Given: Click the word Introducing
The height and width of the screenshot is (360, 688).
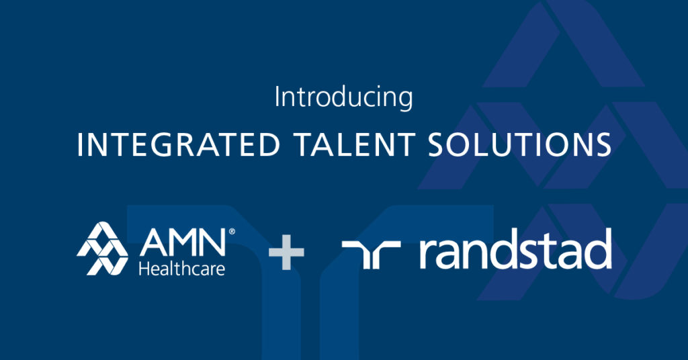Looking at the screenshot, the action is [x=343, y=98].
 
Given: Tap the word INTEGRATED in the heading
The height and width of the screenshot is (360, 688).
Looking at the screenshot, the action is [x=179, y=144].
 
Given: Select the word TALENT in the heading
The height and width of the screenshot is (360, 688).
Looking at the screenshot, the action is [x=355, y=144].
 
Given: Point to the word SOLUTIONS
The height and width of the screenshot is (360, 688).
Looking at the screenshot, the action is [x=520, y=144].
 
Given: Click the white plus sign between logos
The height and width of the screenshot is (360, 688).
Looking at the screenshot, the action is [x=286, y=252].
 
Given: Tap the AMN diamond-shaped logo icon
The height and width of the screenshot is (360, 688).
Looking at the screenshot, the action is [x=102, y=249].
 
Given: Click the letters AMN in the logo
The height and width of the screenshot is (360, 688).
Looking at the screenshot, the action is [x=183, y=242].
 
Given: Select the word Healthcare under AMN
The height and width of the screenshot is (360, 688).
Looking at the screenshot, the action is [x=181, y=268].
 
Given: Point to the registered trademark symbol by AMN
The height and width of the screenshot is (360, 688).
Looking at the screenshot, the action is [x=232, y=232].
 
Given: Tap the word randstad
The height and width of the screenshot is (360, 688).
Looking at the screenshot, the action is [x=515, y=249].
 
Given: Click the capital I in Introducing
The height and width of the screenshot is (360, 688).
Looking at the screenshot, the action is [x=277, y=97].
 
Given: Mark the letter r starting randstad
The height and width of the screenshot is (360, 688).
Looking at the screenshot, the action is [x=429, y=254].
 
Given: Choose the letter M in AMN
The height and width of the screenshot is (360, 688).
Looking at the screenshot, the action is [x=184, y=242].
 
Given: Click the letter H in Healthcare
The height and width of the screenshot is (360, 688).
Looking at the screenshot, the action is [x=144, y=268].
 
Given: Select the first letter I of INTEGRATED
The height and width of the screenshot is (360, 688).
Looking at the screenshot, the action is [x=79, y=144].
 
